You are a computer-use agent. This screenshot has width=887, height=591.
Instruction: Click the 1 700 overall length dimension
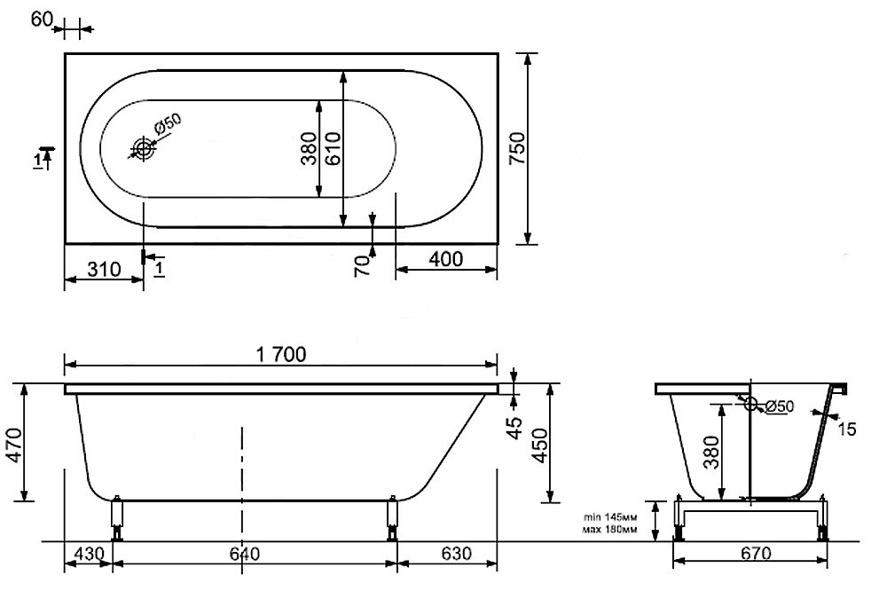point(281,354)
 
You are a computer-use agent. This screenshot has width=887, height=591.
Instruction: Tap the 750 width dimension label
point(517,148)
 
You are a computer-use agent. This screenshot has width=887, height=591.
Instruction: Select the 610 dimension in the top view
point(334,148)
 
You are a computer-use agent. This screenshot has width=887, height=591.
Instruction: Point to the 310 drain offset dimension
point(104,269)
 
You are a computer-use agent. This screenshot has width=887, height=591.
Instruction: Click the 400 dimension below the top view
point(446,259)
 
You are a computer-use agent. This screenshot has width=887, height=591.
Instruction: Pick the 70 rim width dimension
point(363,264)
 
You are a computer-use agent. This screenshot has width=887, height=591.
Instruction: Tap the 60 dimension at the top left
point(42,20)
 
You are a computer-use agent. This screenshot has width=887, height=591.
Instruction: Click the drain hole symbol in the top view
point(143,149)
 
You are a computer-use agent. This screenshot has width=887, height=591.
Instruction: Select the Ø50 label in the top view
point(167,124)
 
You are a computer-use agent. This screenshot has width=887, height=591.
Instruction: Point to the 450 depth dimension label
point(540,445)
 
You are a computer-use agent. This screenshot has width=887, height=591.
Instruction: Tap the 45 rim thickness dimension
point(515,428)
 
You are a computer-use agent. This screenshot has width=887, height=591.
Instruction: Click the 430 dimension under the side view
point(90,553)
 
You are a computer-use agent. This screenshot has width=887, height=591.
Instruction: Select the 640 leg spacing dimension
point(245,553)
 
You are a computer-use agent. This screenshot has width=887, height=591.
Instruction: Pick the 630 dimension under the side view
point(455,553)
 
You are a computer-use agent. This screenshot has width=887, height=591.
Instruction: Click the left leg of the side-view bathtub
point(117,518)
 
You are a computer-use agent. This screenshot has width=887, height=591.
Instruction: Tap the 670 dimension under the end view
point(755,553)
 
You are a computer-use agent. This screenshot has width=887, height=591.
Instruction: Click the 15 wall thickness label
point(846,429)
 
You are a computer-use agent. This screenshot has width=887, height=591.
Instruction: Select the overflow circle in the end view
point(750,404)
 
